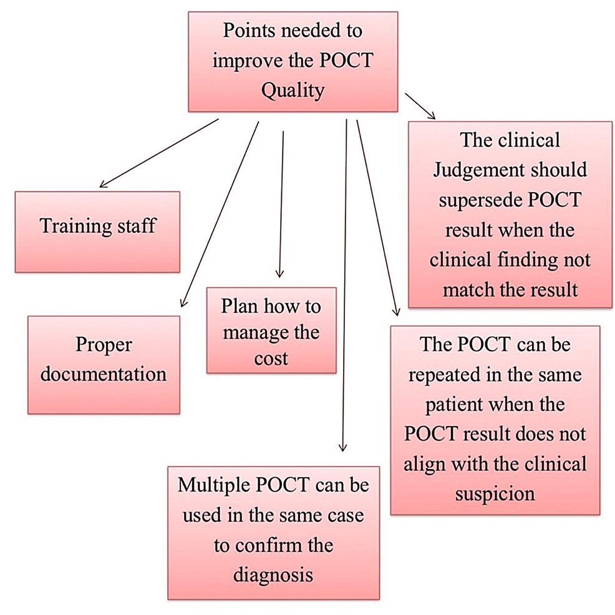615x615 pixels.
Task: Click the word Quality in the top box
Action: tap(293, 90)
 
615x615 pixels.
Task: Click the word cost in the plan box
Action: tap(271, 359)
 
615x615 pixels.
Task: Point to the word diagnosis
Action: tap(273, 574)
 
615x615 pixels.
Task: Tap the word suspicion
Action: tap(495, 493)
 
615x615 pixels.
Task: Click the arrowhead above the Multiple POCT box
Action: tap(342, 447)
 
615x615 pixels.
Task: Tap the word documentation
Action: tap(104, 374)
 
